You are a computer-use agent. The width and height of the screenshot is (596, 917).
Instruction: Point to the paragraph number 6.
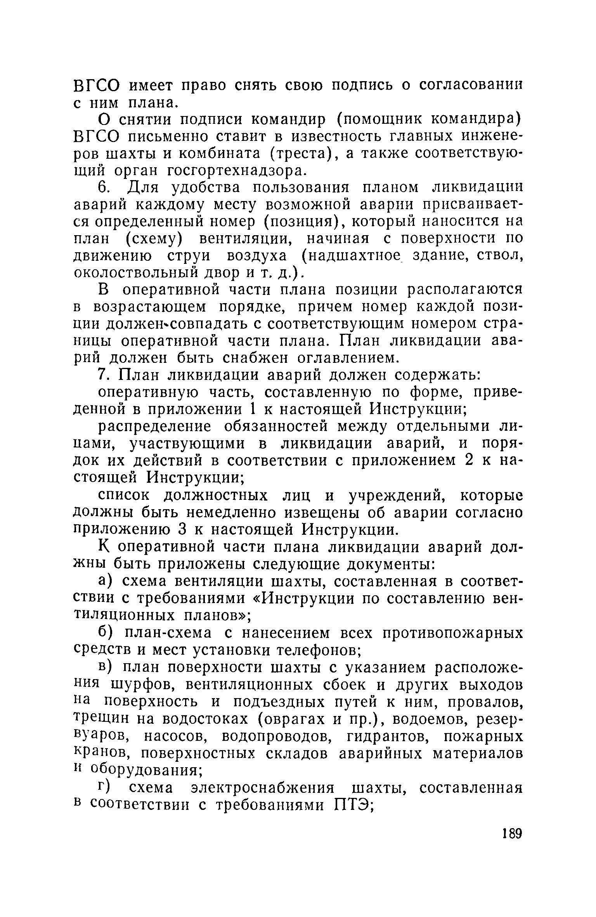click(103, 188)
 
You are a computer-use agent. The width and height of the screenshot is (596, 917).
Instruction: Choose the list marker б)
click(105, 633)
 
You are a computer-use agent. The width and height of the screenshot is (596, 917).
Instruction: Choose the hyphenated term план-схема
click(168, 633)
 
